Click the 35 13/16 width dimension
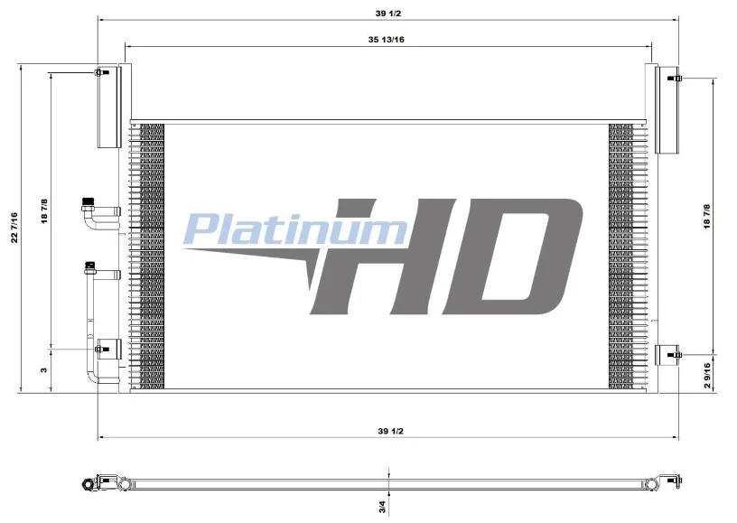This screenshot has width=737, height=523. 386,40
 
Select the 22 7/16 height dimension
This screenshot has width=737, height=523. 14,228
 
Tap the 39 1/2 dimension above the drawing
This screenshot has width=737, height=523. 388,14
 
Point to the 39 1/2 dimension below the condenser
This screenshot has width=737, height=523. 390,431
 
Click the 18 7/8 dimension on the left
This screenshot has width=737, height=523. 44,211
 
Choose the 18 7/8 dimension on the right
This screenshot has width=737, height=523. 707,217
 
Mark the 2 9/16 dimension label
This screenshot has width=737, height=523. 707,375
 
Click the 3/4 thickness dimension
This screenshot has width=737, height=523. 382,507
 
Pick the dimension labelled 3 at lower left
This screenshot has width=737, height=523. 44,369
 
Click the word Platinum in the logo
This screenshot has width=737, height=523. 295,229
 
